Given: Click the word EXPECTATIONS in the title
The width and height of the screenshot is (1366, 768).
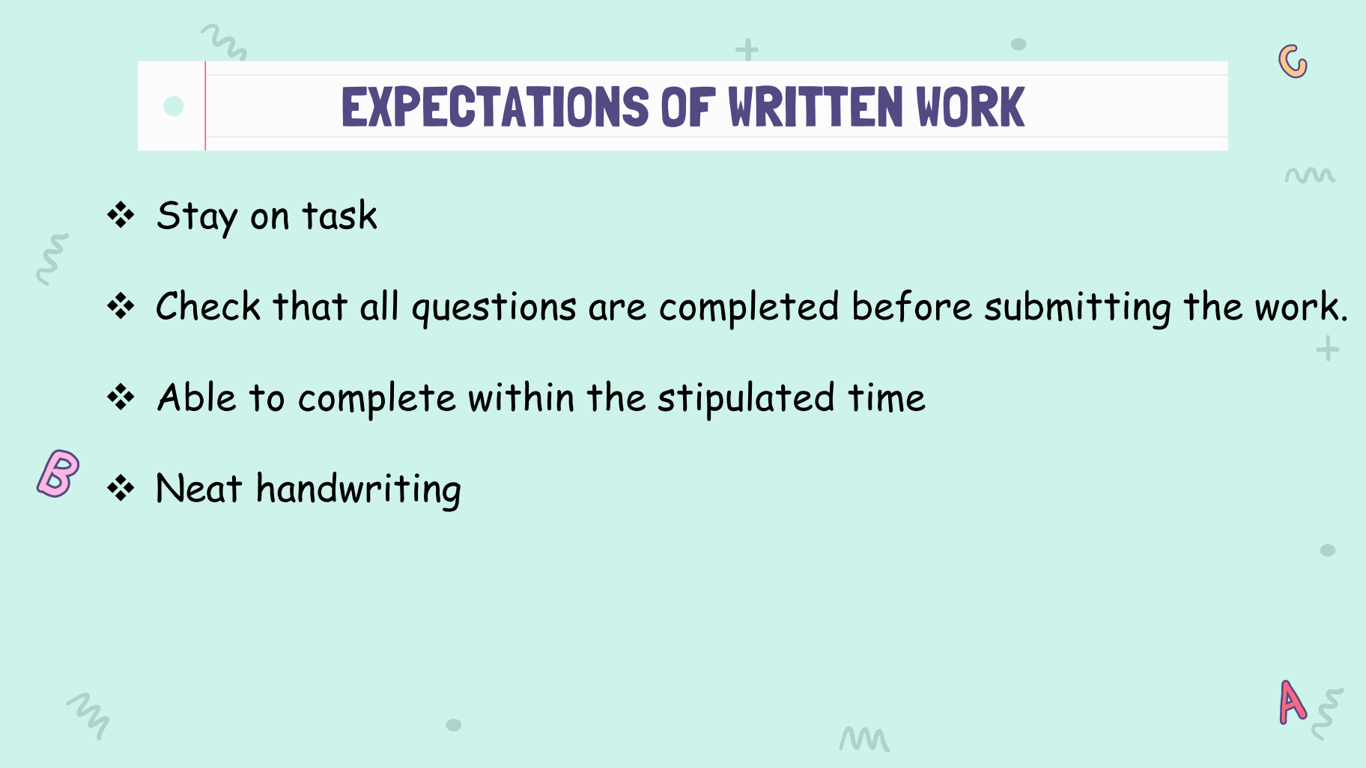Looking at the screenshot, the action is click(495, 107).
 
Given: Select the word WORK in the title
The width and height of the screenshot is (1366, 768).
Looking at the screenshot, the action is click(971, 107).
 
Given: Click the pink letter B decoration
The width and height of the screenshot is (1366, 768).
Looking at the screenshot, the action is click(58, 473).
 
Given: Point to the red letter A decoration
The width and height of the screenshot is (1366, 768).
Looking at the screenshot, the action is click(1293, 702).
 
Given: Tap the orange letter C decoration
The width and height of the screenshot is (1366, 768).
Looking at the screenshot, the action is click(1293, 61).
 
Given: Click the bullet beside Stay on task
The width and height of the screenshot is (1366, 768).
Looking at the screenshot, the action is click(121, 216).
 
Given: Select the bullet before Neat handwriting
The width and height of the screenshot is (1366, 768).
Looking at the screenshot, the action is click(121, 489).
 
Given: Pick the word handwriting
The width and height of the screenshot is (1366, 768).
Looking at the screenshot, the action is click(359, 490).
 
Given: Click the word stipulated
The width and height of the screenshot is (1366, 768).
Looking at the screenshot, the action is click(746, 398).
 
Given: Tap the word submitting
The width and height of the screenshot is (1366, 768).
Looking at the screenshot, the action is click(1078, 308).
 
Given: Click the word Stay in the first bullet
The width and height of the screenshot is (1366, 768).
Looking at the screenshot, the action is click(197, 217).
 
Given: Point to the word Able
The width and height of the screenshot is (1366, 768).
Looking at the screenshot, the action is click(197, 397).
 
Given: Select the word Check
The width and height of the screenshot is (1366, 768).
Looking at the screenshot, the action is click(208, 306).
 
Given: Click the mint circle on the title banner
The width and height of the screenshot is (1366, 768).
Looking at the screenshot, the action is click(174, 106).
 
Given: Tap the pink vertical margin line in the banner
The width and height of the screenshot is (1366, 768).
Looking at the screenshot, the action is click(205, 106).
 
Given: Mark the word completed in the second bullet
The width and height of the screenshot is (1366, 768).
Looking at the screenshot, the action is click(749, 308).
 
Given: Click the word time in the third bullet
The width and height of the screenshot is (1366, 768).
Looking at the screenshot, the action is click(887, 397).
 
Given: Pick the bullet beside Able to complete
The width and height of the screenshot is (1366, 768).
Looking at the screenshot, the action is click(121, 397).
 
